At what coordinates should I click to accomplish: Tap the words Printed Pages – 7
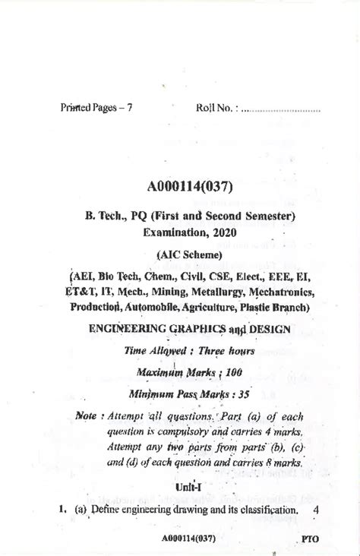coord(96,108)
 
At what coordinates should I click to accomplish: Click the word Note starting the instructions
coord(89,415)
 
